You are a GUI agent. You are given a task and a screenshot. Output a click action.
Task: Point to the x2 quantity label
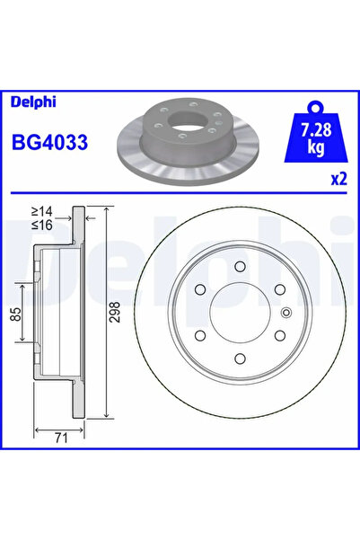338,179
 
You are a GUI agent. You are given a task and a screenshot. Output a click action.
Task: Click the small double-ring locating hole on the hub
286,314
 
